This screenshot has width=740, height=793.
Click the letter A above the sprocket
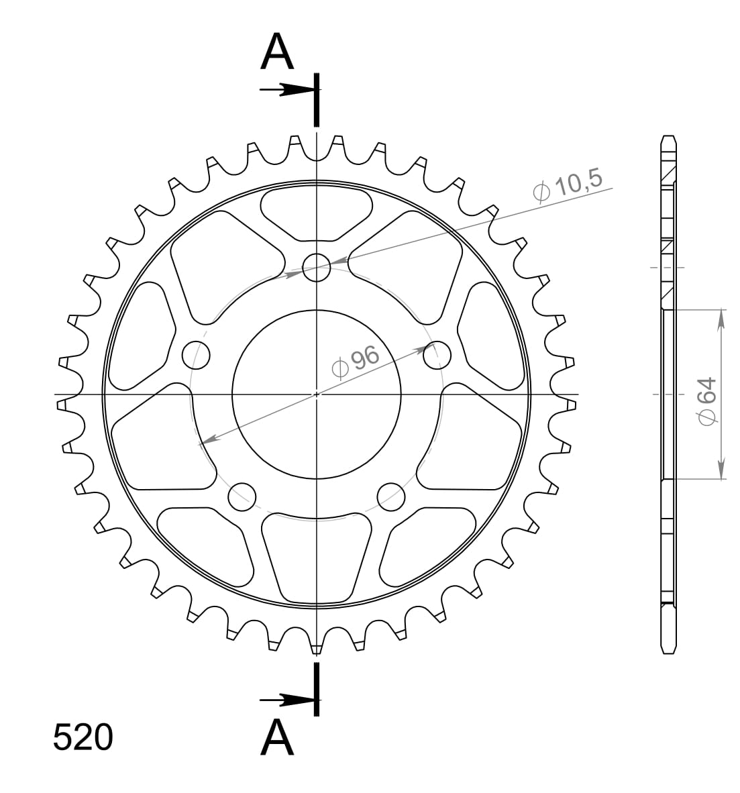click(x=277, y=52)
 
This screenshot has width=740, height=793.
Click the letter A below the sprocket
click(x=277, y=738)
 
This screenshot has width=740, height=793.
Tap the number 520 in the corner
click(x=83, y=738)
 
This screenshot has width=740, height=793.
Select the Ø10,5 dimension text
click(x=569, y=187)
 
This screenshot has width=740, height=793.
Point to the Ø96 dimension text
click(x=356, y=363)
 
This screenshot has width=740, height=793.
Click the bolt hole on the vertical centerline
click(x=317, y=268)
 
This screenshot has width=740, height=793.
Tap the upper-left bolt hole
click(x=197, y=354)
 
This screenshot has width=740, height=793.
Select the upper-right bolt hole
click(x=437, y=354)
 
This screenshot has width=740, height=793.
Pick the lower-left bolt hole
click(x=242, y=496)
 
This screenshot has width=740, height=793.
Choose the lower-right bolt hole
click(x=391, y=496)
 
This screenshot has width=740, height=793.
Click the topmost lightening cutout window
click(x=317, y=211)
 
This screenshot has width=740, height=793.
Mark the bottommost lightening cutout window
click(x=317, y=557)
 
